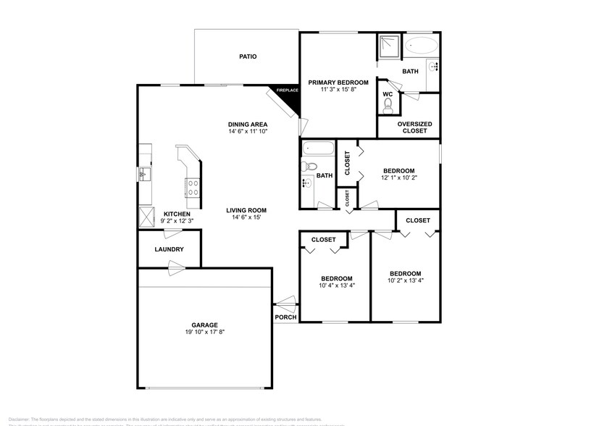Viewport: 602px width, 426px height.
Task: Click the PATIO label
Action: click(x=248, y=57)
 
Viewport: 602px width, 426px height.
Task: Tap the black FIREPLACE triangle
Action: click(x=289, y=98)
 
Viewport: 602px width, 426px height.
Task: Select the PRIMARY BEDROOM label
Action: click(x=338, y=83)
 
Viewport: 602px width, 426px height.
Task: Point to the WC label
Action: click(x=388, y=94)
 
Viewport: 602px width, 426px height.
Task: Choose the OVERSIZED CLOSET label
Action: click(x=415, y=128)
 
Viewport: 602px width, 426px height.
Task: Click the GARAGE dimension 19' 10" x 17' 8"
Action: click(x=204, y=333)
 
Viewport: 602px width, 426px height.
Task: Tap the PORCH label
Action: click(x=285, y=317)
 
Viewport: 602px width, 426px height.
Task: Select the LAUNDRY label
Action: click(x=169, y=250)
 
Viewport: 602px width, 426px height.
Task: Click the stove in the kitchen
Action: click(x=193, y=188)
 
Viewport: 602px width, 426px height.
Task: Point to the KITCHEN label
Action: click(x=177, y=214)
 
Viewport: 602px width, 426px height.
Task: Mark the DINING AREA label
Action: click(x=248, y=124)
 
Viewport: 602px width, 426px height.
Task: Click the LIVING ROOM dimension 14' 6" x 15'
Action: click(x=246, y=217)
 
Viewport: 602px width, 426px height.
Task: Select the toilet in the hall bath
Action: click(x=311, y=167)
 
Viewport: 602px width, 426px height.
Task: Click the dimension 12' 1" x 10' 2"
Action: click(x=399, y=179)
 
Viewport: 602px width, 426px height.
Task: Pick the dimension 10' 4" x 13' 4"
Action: click(x=337, y=285)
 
